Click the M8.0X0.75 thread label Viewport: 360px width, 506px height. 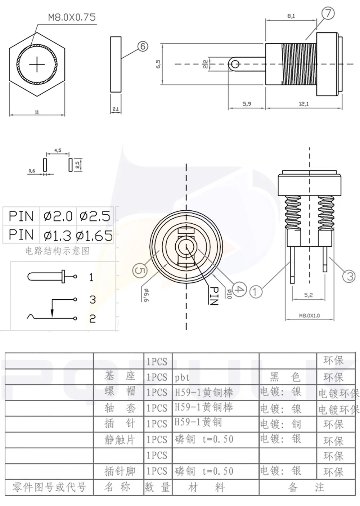pos(72,17)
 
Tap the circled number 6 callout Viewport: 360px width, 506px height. pos(143,46)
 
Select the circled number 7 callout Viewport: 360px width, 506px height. pos(328,14)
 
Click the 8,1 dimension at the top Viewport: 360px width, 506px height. pos(291,16)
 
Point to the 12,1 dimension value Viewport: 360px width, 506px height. pos(303,104)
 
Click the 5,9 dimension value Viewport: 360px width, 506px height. pos(247,104)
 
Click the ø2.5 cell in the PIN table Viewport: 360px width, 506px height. pos(95,216)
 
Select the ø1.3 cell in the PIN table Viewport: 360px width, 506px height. pos(57,236)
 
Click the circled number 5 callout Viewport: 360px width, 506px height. pos(140,270)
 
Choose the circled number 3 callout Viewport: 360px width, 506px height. pos(350,276)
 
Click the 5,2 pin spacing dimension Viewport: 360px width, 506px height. pos(309,295)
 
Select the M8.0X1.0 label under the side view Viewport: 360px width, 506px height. pos(309,315)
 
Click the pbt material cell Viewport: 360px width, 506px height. pos(182,377)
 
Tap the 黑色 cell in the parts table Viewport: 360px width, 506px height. pos(285,377)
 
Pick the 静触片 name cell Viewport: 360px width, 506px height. pos(120,440)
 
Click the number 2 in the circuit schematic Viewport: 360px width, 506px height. pos(93,318)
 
